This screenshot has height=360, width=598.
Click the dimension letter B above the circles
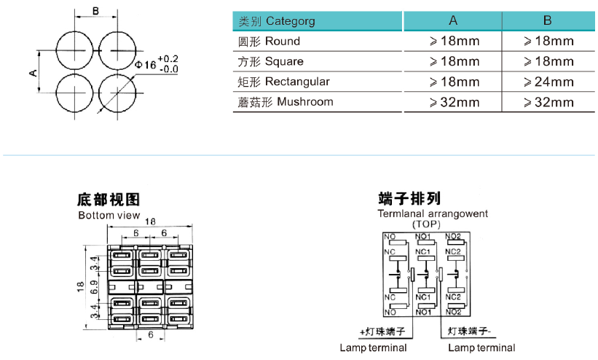click(x=96, y=10)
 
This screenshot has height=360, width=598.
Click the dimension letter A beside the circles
click(x=33, y=72)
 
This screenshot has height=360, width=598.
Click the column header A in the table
click(x=453, y=20)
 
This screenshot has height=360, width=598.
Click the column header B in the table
click(x=548, y=20)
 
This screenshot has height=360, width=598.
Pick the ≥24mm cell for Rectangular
click(x=548, y=82)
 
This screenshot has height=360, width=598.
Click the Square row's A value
click(x=454, y=61)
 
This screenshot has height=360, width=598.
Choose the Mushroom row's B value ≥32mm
click(x=548, y=102)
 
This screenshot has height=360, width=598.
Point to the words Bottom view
click(x=109, y=215)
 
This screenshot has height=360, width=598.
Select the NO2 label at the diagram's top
click(x=452, y=236)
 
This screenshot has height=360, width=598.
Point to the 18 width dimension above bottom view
click(x=149, y=222)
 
